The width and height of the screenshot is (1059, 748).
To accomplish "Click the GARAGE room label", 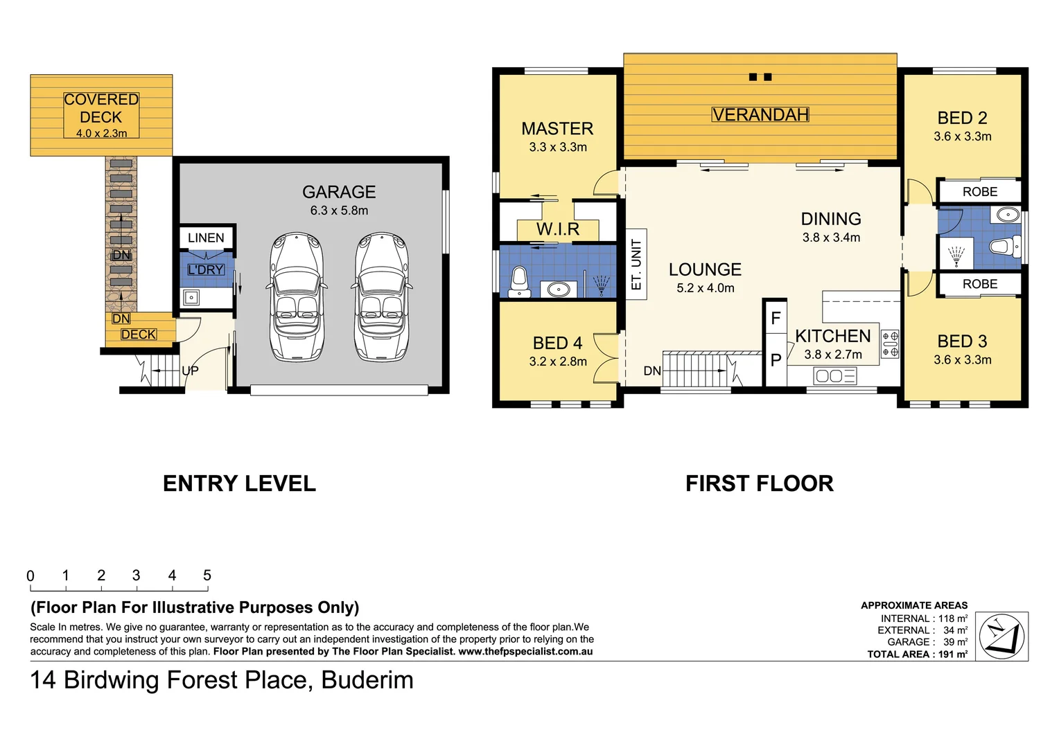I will [x=339, y=192].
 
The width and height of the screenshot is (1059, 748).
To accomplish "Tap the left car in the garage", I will [x=297, y=297].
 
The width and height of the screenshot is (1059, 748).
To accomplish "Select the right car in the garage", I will [x=381, y=297].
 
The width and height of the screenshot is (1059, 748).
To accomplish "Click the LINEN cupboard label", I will [x=206, y=238].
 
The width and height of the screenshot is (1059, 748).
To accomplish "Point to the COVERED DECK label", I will [x=101, y=108].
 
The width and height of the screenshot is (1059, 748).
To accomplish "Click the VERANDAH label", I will [x=760, y=115].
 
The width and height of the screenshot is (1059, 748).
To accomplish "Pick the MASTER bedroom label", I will [x=557, y=129].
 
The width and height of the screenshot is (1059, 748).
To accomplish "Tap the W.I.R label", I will [x=557, y=229].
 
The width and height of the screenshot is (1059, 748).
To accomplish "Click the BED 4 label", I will [x=557, y=343].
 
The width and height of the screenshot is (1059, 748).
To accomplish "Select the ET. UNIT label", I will [x=636, y=265].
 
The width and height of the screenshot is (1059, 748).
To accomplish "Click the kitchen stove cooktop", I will [x=890, y=344].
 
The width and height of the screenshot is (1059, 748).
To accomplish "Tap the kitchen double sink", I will [x=836, y=376].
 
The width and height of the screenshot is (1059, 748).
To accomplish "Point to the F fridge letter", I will [x=776, y=319].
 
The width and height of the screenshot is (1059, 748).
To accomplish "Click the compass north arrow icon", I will [x=1001, y=636].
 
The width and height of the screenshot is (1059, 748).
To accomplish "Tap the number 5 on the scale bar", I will [x=207, y=576].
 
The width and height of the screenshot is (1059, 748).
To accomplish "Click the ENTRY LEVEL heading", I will [x=239, y=483].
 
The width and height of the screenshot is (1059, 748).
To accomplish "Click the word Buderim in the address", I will [x=367, y=680].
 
